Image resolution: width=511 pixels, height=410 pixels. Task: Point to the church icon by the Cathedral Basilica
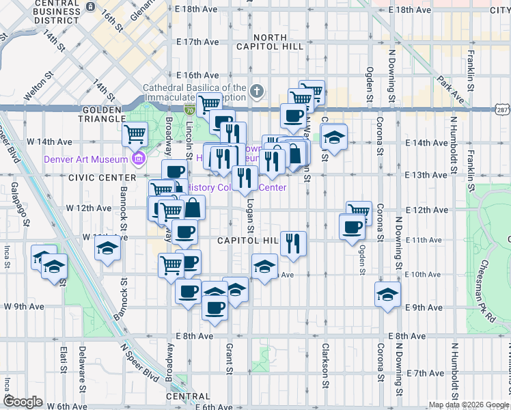(257, 91)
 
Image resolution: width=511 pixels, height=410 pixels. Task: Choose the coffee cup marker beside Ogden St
(352, 227)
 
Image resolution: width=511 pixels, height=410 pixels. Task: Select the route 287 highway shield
(501, 110)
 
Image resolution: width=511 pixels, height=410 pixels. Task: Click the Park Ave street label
(452, 90)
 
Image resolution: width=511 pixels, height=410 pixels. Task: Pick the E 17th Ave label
(197, 42)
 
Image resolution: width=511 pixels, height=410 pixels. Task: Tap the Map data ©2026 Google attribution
(468, 405)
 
